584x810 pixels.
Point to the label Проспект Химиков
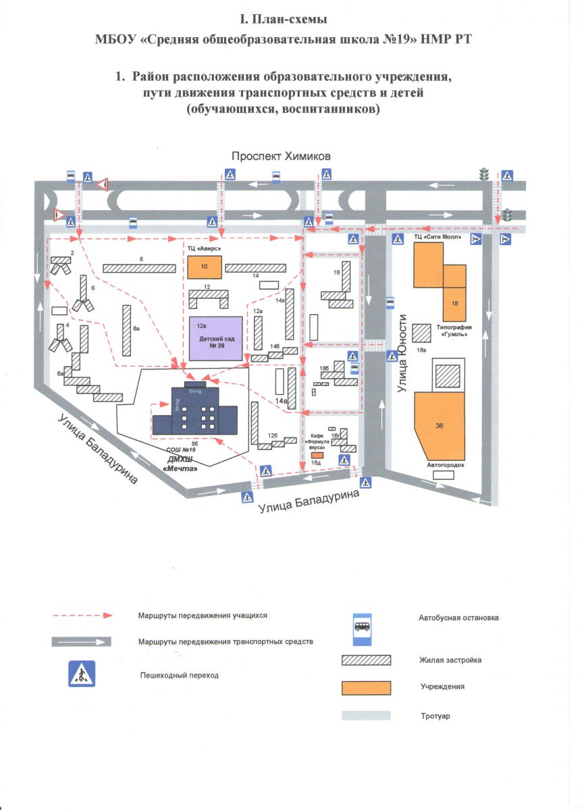(281, 156)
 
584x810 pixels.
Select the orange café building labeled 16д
(316, 456)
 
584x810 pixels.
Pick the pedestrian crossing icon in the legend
(82, 674)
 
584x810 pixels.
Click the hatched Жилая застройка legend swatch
(367, 659)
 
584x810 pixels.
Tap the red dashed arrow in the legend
(82, 616)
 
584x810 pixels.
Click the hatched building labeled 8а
(127, 329)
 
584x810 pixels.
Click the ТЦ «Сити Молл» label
(437, 238)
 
